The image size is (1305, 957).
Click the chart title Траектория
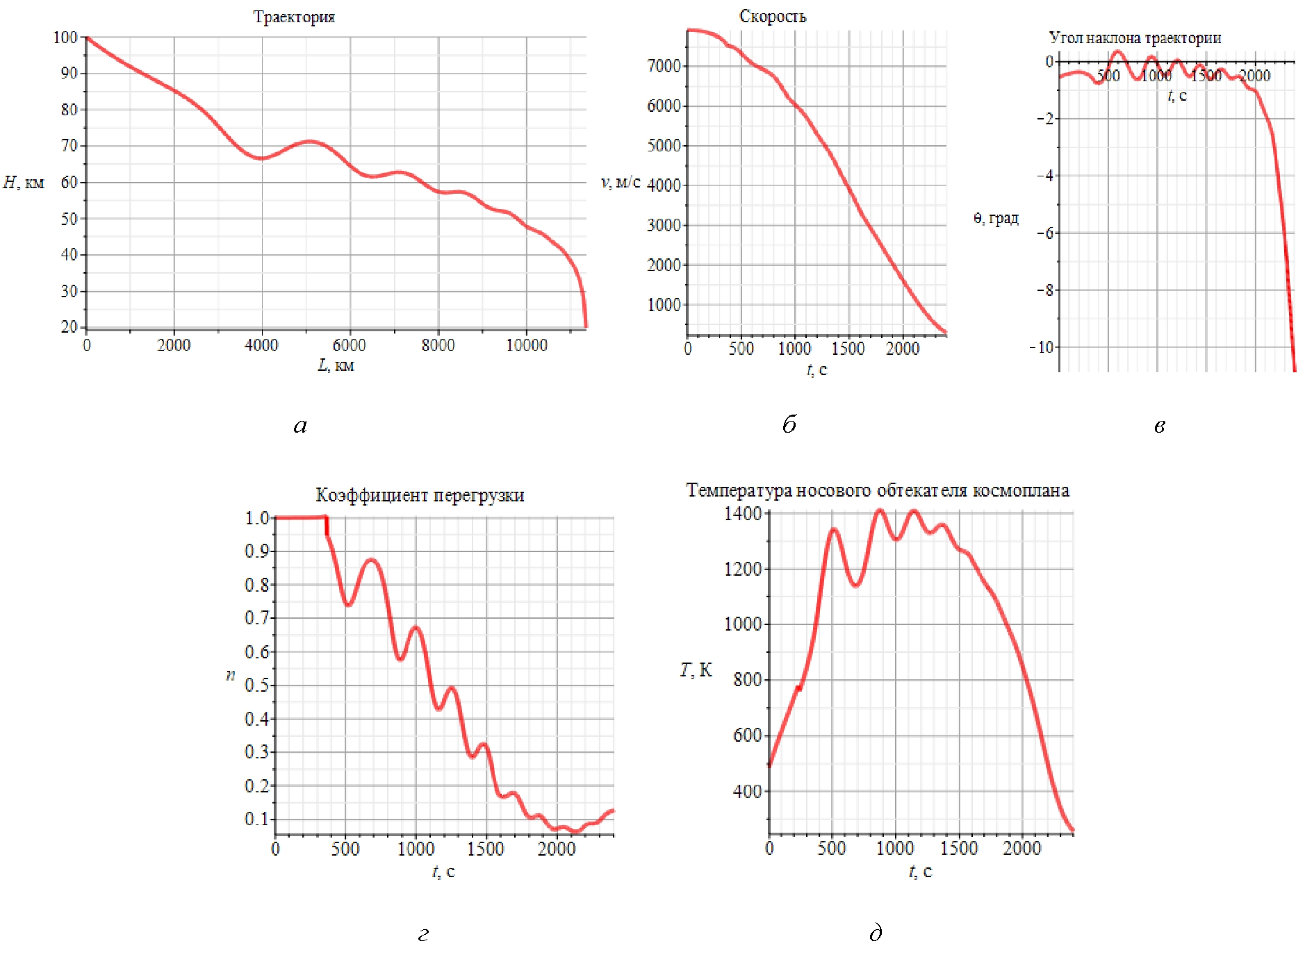coord(293,17)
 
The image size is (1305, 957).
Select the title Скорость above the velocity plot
coord(772,16)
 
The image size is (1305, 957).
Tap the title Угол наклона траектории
coord(1134,38)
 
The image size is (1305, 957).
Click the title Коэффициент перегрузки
coord(420,495)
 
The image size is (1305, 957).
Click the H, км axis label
coord(24,183)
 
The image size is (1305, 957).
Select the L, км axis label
coord(336,365)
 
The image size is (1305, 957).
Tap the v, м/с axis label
coord(620,182)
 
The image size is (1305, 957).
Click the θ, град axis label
coord(995,218)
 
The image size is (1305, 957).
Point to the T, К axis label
coord(696,669)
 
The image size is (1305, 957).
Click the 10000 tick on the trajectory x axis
coord(526,345)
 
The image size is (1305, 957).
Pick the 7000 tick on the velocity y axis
coord(664,66)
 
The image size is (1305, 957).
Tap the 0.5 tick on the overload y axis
coord(256,685)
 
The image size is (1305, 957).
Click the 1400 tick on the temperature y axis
coord(743,514)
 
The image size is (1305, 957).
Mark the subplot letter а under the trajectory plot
coord(300,425)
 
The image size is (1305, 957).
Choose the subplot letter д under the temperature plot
coord(876,933)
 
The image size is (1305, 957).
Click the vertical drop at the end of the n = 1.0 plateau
coord(327,526)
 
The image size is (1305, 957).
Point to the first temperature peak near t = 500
coord(833,530)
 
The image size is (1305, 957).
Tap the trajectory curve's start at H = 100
coord(88,38)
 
